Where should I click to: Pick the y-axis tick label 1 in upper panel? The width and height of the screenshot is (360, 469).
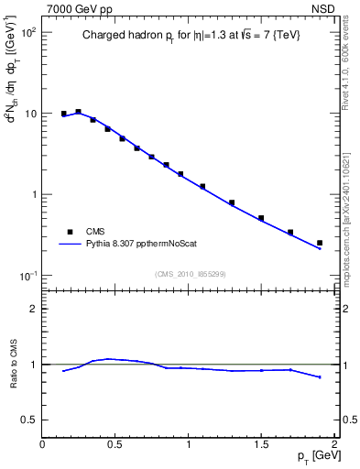[x=32, y=195]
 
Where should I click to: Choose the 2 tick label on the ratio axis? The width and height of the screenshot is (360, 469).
[x=33, y=309]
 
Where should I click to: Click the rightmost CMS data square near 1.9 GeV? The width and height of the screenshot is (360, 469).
[x=320, y=243]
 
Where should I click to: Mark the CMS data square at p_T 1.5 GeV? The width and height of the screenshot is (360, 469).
[x=261, y=218]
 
